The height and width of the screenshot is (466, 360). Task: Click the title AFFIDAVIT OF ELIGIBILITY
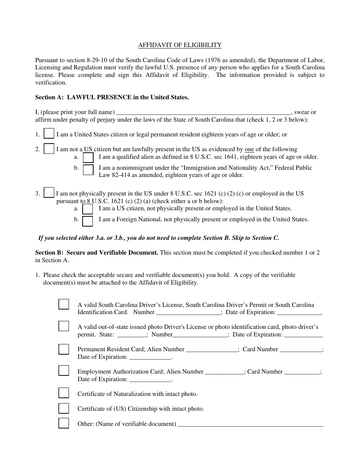(180, 45)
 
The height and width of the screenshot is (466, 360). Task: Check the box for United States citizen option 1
(49, 134)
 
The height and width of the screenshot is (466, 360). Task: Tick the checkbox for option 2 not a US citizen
(49, 149)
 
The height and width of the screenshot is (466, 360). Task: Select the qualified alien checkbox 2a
(88, 157)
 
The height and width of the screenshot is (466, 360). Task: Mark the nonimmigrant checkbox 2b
(88, 170)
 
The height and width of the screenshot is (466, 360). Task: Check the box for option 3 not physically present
(49, 193)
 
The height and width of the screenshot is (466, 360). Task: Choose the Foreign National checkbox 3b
(88, 220)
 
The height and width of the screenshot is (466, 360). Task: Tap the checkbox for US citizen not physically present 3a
(88, 209)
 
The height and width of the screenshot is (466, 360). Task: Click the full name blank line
(203, 113)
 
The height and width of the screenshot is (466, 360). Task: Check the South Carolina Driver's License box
(64, 304)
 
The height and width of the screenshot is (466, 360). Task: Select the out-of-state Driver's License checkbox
(64, 327)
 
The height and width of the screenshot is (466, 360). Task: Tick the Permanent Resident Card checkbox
(64, 349)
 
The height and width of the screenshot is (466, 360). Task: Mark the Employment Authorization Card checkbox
(64, 371)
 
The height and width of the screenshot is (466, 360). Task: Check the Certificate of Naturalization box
(64, 393)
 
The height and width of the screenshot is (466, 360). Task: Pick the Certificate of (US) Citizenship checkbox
(64, 408)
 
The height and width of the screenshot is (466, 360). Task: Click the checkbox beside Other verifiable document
(64, 423)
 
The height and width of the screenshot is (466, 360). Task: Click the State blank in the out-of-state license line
(132, 335)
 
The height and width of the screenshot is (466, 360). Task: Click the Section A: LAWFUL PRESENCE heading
(112, 97)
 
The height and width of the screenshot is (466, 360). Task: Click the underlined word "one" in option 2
(249, 149)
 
